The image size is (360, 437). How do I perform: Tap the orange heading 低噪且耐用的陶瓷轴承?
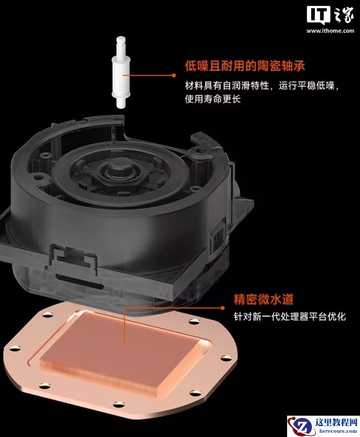245,66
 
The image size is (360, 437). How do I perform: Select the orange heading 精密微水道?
264,299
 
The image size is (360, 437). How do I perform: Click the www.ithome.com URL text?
330,31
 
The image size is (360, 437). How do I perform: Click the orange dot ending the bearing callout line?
174,75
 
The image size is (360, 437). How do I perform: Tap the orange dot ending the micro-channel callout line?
223,308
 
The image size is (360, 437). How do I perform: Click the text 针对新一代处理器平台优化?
290,317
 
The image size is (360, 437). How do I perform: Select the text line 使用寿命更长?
213,99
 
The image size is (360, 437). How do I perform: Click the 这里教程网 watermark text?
336,422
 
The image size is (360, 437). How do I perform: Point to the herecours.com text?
338,431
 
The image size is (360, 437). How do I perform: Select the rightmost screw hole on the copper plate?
225,358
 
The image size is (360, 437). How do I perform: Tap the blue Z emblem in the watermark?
302,427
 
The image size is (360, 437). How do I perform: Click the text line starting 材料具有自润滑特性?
262,85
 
